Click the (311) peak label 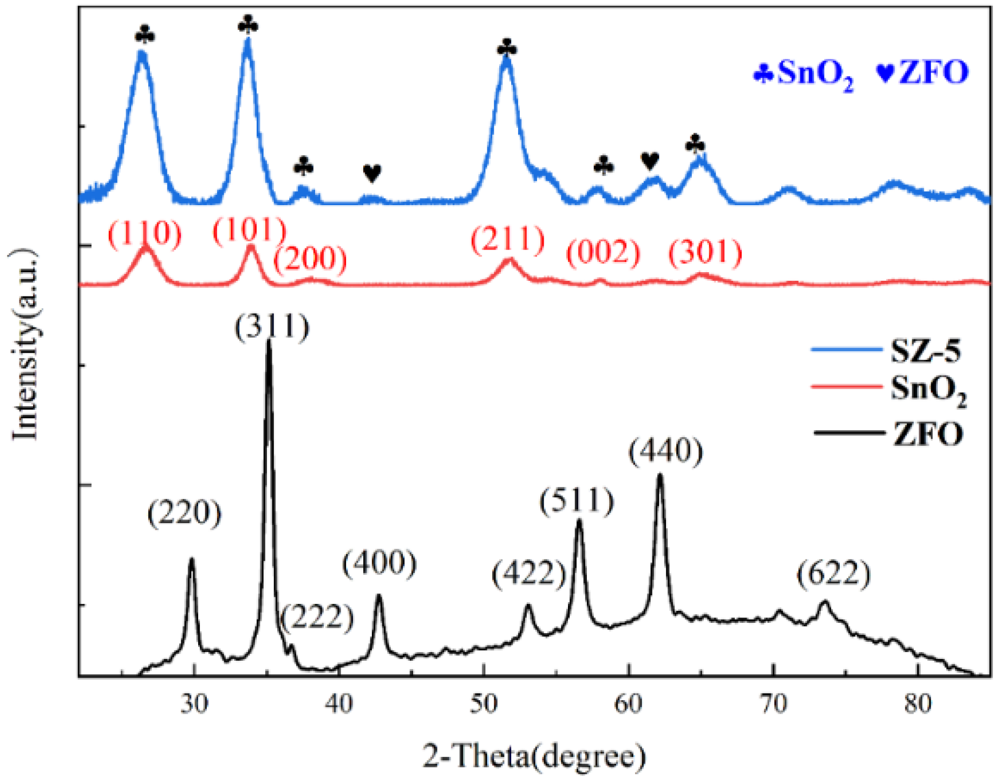point(272,327)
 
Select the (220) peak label point(185,513)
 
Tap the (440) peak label point(665,451)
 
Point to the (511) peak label point(577,501)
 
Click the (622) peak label point(833,574)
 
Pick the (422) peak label point(528,573)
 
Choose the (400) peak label point(379,563)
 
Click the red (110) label point(145,234)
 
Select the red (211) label point(507,240)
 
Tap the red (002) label point(603,253)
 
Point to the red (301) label point(705,253)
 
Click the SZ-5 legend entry point(926,351)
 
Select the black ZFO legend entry point(928,433)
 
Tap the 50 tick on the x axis point(483,704)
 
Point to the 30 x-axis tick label point(194,704)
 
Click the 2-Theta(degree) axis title point(534,756)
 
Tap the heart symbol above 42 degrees point(372,174)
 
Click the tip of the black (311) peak point(269,342)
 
